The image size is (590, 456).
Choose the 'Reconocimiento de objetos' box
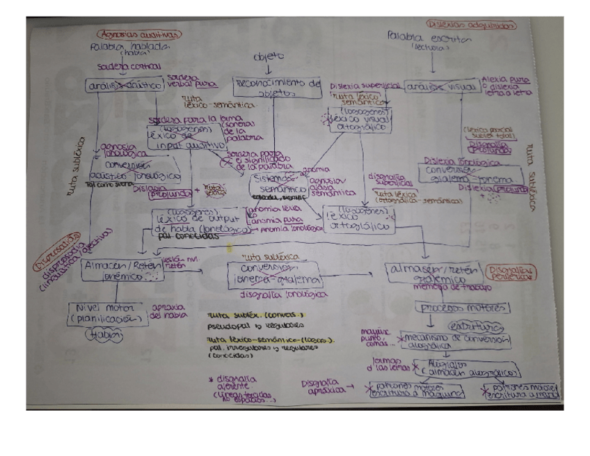click(276, 86)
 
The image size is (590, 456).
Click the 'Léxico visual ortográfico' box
click(360, 120)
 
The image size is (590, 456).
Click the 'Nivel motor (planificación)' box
click(109, 314)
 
